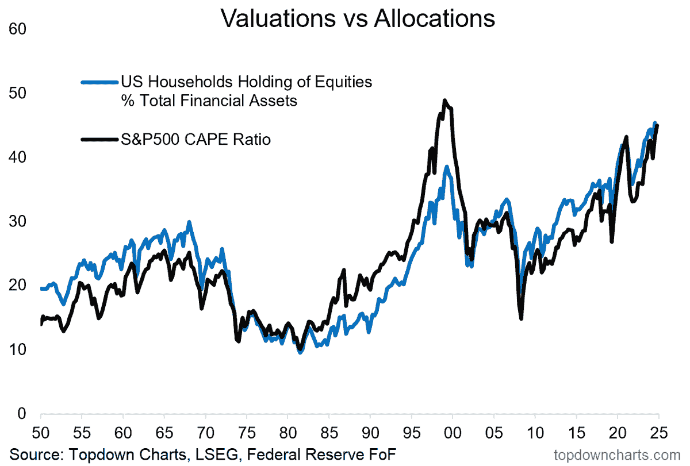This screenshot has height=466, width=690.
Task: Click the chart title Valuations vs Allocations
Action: (358, 18)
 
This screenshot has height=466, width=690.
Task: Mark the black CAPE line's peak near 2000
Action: (445, 101)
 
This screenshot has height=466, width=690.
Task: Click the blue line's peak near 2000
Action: (447, 167)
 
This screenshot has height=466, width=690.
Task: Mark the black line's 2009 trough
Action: (521, 318)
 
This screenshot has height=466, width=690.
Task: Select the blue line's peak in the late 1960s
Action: (189, 222)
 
